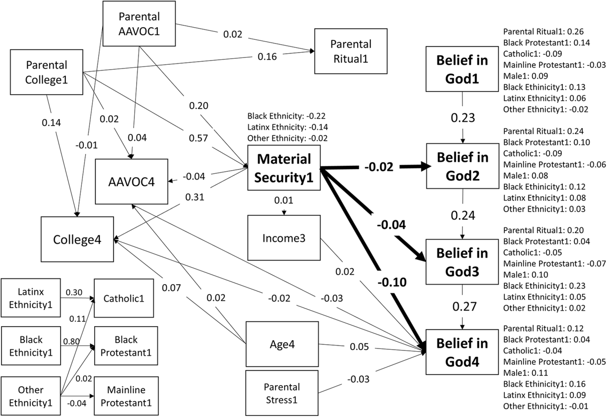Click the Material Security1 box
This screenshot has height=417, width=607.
[x=284, y=168]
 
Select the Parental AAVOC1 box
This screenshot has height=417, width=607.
[x=139, y=24]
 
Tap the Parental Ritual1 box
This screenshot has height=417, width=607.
[x=351, y=51]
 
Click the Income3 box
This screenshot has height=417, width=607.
[x=284, y=238]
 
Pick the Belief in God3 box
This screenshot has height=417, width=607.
[x=462, y=262]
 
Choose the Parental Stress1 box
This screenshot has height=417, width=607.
[x=282, y=393]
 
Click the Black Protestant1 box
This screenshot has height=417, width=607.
[x=126, y=346]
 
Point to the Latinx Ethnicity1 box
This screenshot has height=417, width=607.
[x=31, y=298]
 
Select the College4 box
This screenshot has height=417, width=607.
[x=77, y=240]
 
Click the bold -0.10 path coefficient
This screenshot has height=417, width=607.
[x=392, y=282]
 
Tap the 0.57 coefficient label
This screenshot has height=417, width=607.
[x=199, y=138]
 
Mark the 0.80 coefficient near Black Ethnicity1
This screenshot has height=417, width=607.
[x=71, y=342]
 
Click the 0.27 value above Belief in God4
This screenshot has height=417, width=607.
[x=464, y=307]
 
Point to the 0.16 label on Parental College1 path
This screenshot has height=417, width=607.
[x=267, y=57]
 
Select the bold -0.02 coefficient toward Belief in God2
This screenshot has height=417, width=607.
[x=379, y=167]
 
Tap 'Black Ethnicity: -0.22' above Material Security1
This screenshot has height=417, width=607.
[x=286, y=116]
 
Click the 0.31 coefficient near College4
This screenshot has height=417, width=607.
[x=195, y=197]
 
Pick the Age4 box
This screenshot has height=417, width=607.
[x=282, y=344]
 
